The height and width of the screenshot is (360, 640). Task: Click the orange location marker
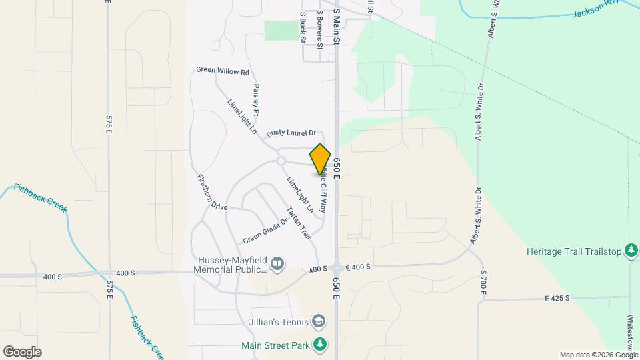click(321, 159)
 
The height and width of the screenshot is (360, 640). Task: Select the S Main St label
click(337, 27)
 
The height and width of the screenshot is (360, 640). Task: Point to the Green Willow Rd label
click(222, 71)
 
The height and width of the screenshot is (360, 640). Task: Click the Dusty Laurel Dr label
click(291, 134)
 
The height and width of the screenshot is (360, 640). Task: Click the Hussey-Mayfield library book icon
click(277, 265)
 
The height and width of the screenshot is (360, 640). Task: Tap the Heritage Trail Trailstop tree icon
click(631, 251)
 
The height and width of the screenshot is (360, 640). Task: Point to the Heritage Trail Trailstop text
click(573, 251)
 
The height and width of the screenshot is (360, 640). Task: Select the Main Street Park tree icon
click(321, 344)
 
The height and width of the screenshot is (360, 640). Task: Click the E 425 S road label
click(557, 298)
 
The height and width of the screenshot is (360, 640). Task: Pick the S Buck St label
click(303, 27)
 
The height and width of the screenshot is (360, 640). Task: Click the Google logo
click(22, 351)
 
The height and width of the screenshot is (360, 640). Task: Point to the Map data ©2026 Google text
click(599, 355)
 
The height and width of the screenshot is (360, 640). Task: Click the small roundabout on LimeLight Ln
click(281, 161)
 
